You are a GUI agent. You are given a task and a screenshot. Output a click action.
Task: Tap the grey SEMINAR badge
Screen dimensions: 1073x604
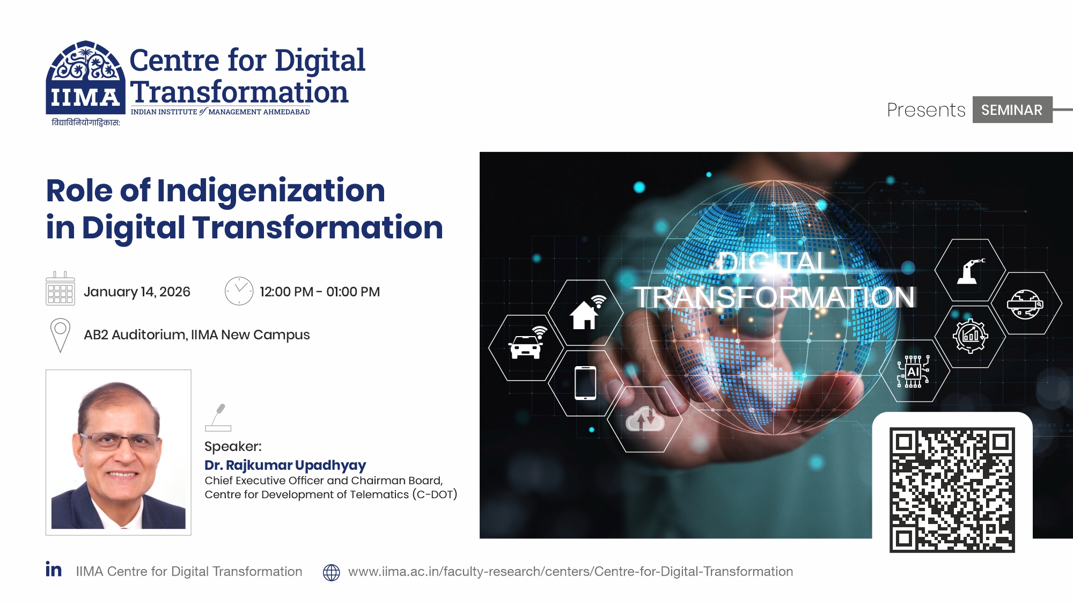[x=1012, y=110]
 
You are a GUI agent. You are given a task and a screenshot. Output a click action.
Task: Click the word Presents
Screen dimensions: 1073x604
[x=926, y=110]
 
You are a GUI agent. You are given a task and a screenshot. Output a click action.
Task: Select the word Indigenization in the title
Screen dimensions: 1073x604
[x=271, y=192]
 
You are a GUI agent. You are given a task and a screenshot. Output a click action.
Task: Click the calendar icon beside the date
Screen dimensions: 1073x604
[x=60, y=288]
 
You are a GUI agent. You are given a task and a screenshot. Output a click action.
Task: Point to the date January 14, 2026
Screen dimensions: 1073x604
[x=137, y=292]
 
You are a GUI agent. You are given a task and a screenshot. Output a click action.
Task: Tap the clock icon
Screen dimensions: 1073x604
[x=239, y=291]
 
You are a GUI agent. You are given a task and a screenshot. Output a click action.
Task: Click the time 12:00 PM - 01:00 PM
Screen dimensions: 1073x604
[x=320, y=292]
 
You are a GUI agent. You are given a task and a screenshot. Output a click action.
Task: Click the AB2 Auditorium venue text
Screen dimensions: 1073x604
[x=197, y=335]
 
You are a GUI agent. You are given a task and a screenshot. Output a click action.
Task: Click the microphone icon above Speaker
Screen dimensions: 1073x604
[x=218, y=418]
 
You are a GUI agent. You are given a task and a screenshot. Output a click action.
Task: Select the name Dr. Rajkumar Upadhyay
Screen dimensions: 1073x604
[x=285, y=465]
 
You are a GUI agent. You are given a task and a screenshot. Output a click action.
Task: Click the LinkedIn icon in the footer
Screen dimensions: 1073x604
[x=54, y=569]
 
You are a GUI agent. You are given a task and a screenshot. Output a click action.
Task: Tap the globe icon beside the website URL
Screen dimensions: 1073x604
[x=332, y=572]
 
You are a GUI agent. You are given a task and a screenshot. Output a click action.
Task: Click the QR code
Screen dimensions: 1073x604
[x=952, y=490]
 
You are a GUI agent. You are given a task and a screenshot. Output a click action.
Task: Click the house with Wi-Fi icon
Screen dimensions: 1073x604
[x=587, y=312]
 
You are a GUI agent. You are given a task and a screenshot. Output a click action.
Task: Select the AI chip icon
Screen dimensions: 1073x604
[x=913, y=371]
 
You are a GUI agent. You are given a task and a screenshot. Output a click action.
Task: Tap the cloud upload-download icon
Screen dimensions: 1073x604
[x=645, y=419]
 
